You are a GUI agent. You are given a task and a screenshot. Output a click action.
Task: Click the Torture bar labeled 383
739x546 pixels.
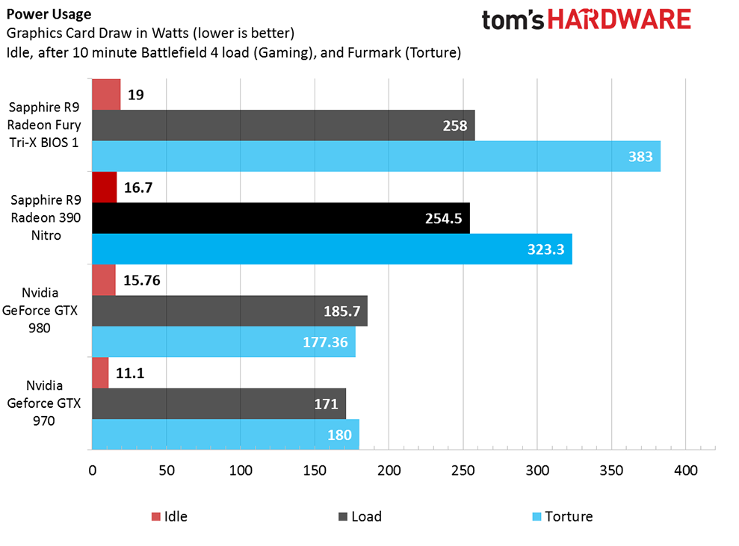376,156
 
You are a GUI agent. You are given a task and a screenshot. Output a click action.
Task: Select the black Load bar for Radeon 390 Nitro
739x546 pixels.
280,218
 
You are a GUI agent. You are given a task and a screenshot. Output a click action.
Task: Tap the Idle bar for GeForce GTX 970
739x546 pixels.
100,373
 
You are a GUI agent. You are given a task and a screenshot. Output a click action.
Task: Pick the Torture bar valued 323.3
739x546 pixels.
332,249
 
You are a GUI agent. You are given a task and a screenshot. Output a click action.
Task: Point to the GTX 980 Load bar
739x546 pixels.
229,311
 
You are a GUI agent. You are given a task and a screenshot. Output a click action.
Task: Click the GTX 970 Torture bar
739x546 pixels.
225,434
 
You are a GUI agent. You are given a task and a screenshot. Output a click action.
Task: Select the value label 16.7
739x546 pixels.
138,187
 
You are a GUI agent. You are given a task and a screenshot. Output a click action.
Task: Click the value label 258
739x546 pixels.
455,125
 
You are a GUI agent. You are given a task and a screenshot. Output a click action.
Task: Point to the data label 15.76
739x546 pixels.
142,280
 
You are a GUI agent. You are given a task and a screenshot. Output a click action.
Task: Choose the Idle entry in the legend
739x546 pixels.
170,516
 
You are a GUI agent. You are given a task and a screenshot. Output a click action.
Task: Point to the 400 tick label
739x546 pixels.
685,471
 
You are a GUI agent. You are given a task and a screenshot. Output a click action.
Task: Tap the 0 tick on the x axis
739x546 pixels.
93,471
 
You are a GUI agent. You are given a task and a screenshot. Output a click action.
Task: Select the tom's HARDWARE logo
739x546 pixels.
586,19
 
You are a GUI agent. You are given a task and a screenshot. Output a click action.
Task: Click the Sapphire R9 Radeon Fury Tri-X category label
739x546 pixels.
46,124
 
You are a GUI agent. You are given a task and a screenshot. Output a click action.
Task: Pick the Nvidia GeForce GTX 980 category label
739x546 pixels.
46,309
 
